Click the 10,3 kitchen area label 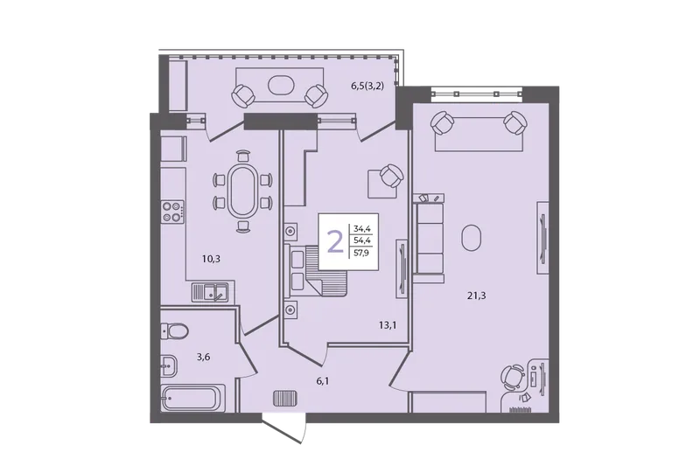click(211, 259)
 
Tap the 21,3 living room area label click(476, 296)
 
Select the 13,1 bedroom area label click(388, 325)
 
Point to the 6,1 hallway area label click(325, 381)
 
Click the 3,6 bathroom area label click(203, 357)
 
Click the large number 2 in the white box click(335, 242)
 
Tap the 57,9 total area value click(362, 254)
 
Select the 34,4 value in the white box click(362, 229)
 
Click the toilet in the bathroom click(174, 330)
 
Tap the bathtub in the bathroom click(193, 398)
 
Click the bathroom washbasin click(169, 366)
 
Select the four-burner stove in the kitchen click(172, 212)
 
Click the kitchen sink click(210, 293)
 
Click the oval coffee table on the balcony click(281, 85)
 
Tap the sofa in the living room click(429, 239)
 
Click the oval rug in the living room click(472, 237)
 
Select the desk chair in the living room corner click(513, 377)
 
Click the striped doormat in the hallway click(285, 398)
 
